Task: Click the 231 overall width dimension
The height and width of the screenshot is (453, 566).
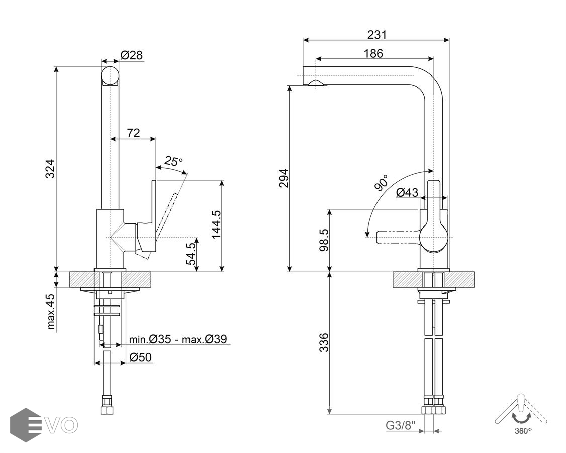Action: (377, 34)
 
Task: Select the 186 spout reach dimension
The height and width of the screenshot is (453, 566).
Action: (373, 53)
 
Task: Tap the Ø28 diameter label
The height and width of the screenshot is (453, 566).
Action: (132, 55)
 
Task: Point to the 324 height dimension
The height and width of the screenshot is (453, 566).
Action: (50, 168)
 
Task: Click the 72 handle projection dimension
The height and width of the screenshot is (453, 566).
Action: (133, 133)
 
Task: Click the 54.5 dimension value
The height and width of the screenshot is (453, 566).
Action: (190, 254)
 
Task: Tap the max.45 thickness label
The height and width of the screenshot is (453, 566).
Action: (51, 311)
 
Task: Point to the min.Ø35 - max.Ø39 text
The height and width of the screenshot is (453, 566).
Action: (178, 339)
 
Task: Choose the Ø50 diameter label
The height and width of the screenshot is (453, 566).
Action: (141, 357)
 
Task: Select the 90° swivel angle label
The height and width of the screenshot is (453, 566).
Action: (381, 183)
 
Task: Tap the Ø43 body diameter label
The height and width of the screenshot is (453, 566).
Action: (407, 192)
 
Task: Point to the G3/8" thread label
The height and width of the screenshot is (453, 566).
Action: (399, 425)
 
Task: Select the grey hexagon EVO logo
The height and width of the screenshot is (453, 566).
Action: (26, 424)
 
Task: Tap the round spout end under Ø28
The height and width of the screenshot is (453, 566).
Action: (111, 76)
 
